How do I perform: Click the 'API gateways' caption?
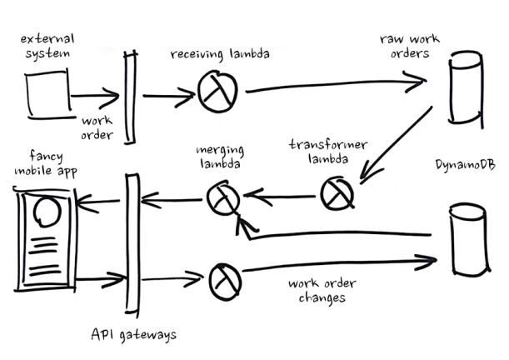click(132, 335)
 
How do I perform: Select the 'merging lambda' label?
click(219, 157)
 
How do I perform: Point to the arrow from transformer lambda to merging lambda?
click(279, 197)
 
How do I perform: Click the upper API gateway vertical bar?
click(130, 88)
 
